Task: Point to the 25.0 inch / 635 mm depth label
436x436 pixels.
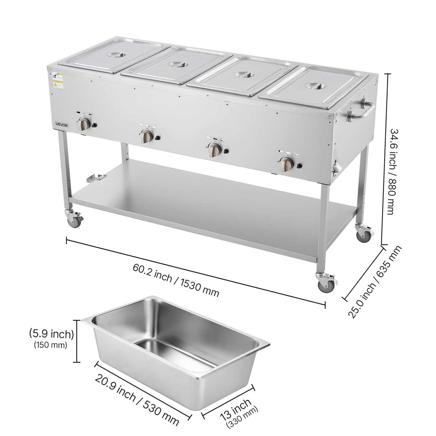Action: click(375, 282)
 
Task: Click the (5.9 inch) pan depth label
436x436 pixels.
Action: click(51, 334)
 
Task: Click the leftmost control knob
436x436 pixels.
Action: click(85, 125)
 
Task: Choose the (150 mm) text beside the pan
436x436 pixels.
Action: click(51, 345)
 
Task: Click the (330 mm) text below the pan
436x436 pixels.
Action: click(242, 418)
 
